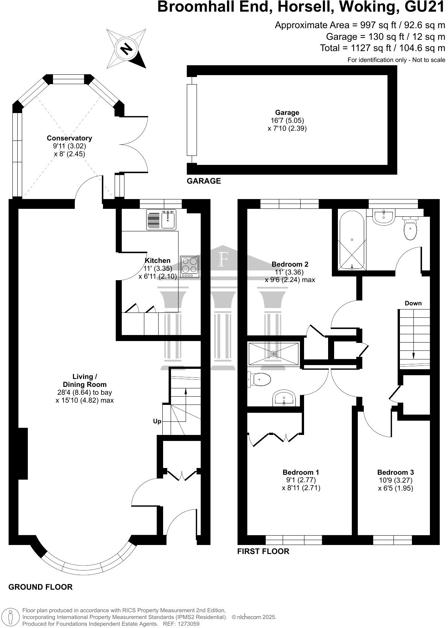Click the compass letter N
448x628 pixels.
[x=127, y=49]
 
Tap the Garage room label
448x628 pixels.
[x=287, y=113]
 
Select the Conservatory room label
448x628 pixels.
[x=69, y=138]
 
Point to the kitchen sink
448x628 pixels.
[x=169, y=220]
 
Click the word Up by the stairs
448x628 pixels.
[x=157, y=421]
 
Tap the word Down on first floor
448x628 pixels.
[x=413, y=303]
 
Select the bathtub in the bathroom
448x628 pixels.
[x=352, y=240]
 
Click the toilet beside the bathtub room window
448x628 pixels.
[x=410, y=229]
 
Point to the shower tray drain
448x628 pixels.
[x=274, y=354]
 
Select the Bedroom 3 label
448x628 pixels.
[x=395, y=473]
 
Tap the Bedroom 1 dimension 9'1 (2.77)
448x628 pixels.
[x=301, y=480]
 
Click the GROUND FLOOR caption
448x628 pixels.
[x=41, y=587]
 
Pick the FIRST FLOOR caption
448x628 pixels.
[x=263, y=551]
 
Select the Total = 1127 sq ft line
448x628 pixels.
[x=382, y=48]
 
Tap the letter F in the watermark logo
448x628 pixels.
[x=224, y=259]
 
